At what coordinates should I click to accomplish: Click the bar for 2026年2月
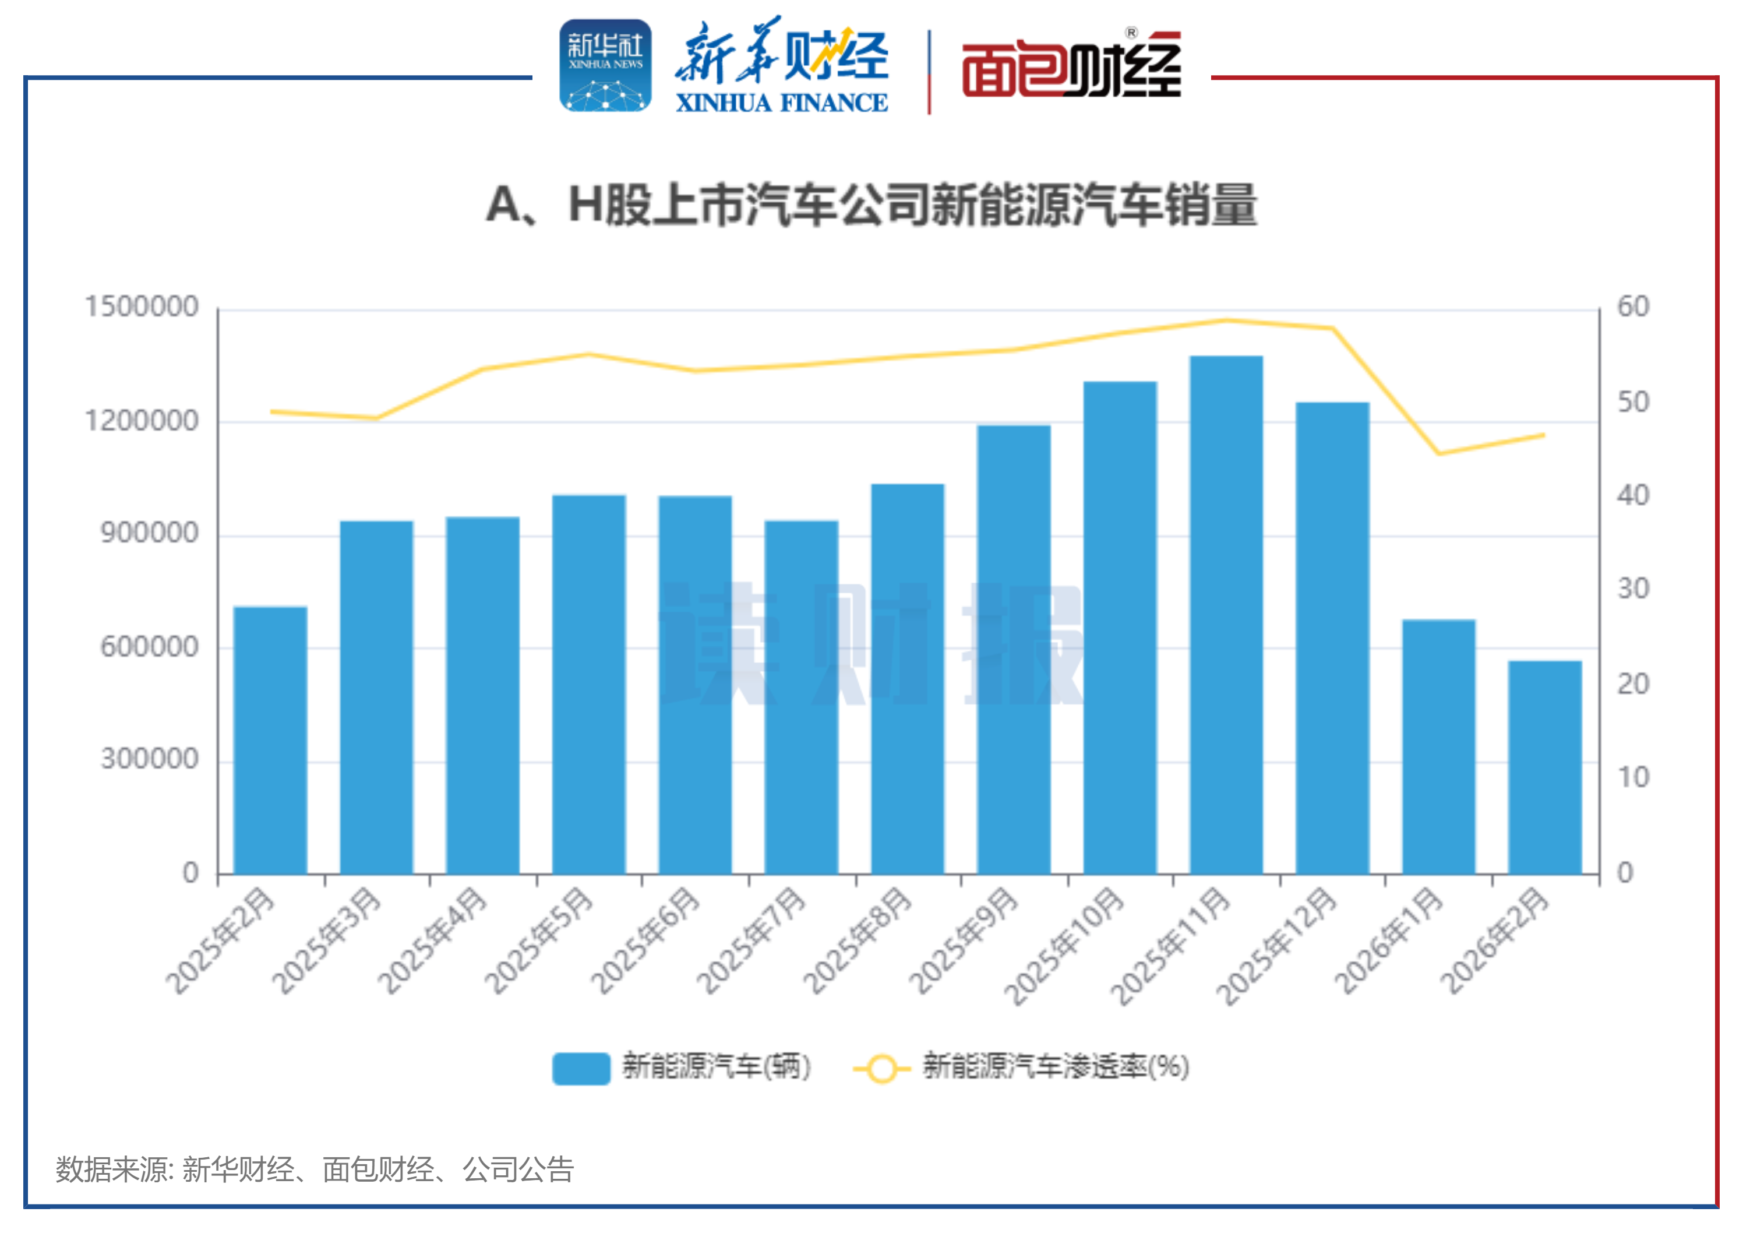click(x=1544, y=767)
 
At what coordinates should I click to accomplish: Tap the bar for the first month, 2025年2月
click(x=270, y=740)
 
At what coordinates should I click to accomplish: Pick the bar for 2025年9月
click(x=1014, y=649)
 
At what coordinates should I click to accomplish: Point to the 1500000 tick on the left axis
click(x=141, y=307)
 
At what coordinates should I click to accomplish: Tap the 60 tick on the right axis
click(x=1633, y=307)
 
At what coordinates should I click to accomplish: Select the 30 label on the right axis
click(x=1633, y=589)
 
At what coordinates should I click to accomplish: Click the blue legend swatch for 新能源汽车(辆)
click(x=581, y=1068)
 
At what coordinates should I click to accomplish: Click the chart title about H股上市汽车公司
click(x=871, y=205)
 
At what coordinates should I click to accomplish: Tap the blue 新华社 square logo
click(x=605, y=65)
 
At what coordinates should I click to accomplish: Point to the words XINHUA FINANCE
click(x=781, y=103)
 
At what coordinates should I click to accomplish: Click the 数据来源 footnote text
click(x=314, y=1169)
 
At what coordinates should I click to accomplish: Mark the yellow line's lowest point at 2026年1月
click(x=1438, y=453)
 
